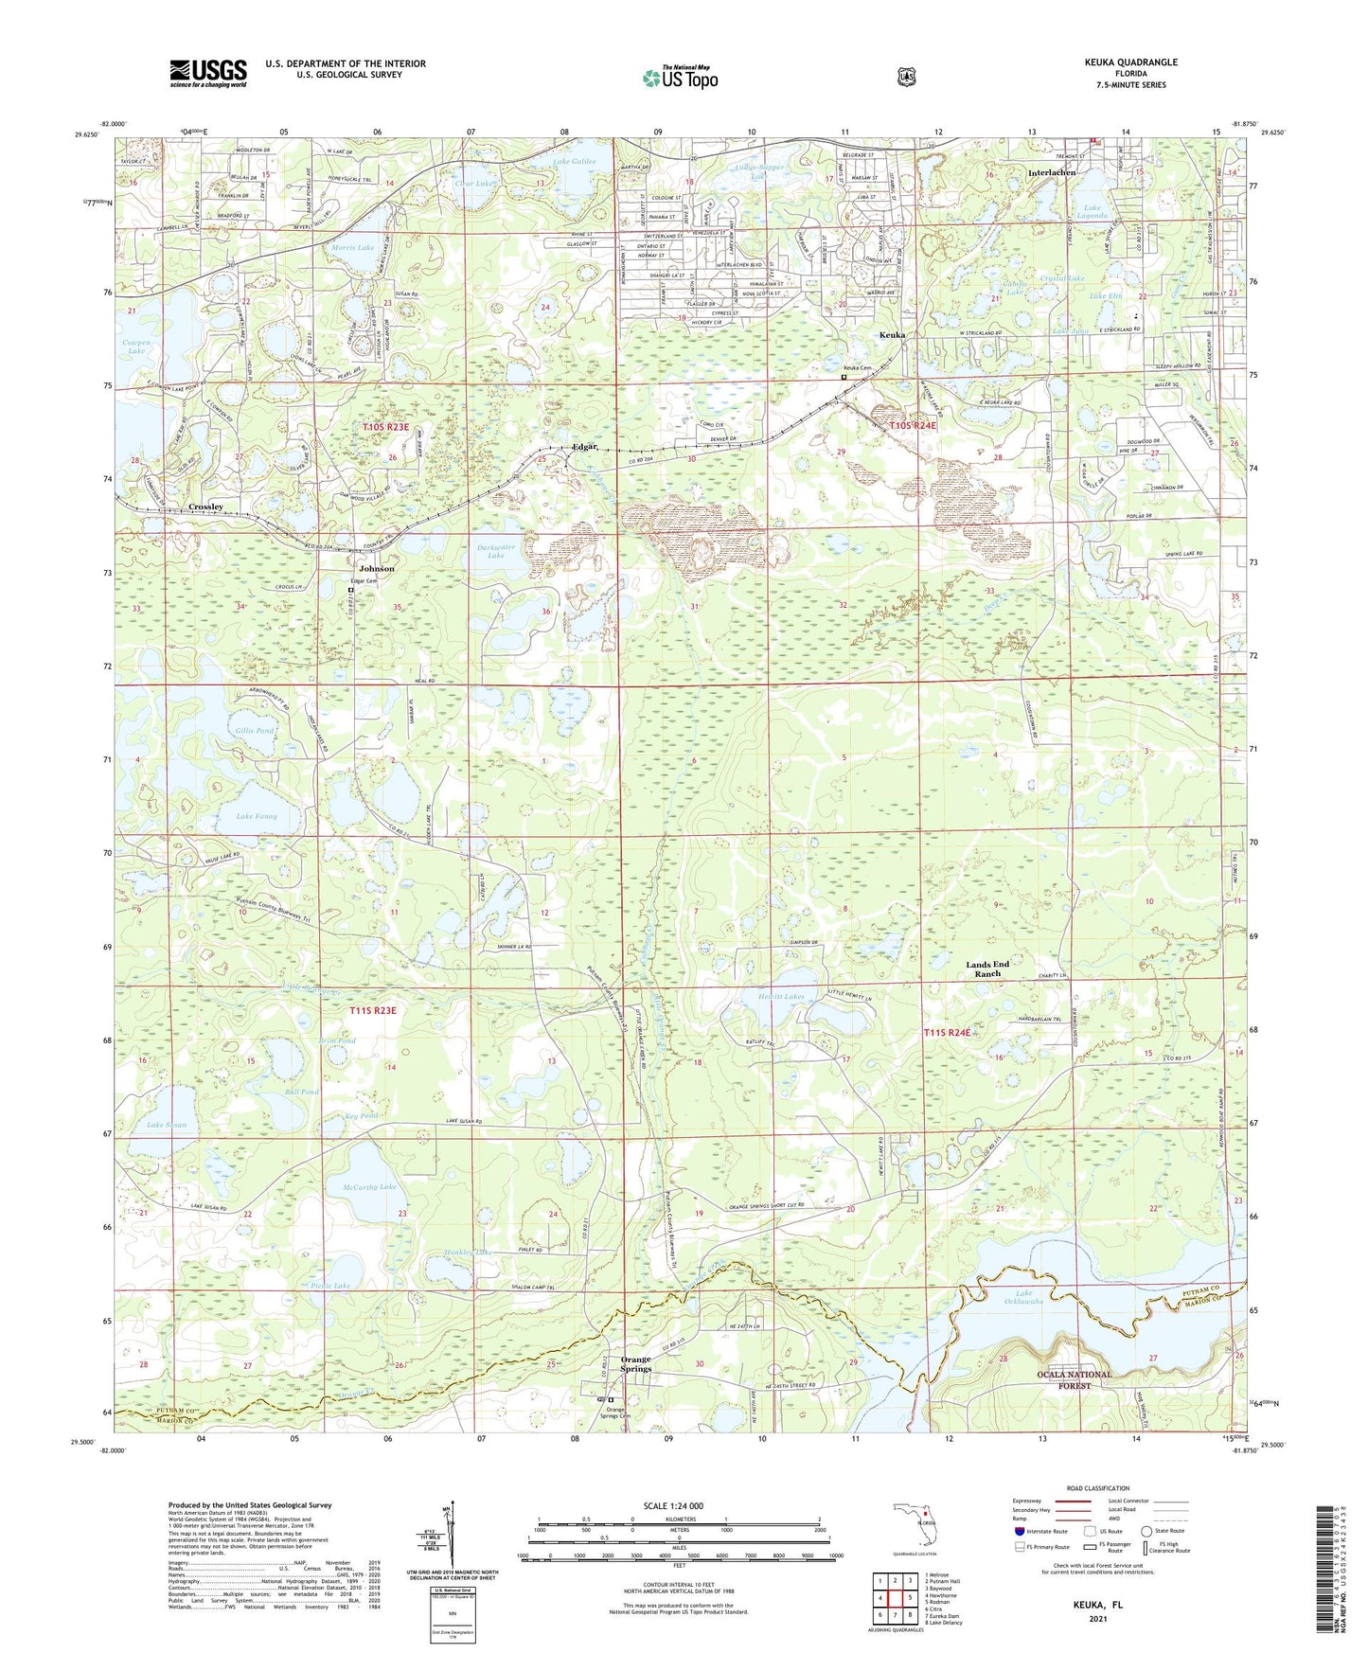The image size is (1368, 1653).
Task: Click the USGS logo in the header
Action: click(207, 73)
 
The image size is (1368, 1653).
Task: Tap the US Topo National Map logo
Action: click(679, 78)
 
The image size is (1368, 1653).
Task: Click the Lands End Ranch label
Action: click(987, 969)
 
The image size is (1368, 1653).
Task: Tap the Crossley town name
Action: click(205, 507)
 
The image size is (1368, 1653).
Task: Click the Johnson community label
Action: click(377, 569)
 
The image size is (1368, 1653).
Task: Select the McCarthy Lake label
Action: click(369, 1186)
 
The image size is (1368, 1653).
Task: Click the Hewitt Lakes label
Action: click(781, 997)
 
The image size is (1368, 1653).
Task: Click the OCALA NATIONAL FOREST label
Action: click(1074, 1379)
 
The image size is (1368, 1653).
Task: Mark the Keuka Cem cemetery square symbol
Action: click(844, 377)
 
